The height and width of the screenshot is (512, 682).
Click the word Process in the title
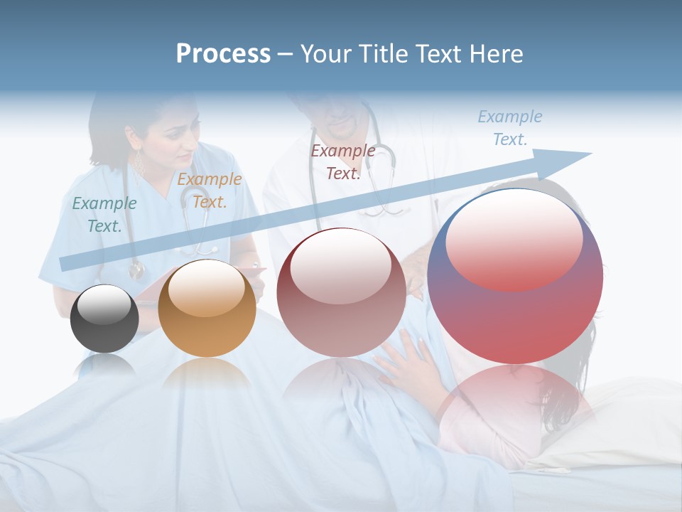pyautogui.click(x=223, y=54)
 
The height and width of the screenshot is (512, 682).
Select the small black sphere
pyautogui.click(x=104, y=319)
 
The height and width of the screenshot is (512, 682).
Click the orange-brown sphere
pyautogui.click(x=207, y=308)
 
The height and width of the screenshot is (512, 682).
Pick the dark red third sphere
pyautogui.click(x=341, y=292)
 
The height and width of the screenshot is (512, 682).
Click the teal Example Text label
pyautogui.click(x=104, y=214)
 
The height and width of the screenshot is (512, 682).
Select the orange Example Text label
pyautogui.click(x=209, y=190)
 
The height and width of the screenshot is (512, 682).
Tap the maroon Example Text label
pyautogui.click(x=343, y=161)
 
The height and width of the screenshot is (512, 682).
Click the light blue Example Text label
pyautogui.click(x=509, y=128)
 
